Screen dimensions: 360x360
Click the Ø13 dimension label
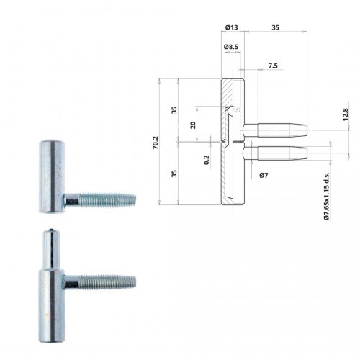[x=231, y=27]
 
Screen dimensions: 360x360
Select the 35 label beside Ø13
[x=275, y=27]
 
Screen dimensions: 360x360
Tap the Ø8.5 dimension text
[x=231, y=47]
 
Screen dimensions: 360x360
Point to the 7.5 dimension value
[x=273, y=66]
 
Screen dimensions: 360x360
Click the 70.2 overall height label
[x=156, y=143]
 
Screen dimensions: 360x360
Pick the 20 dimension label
[x=193, y=125]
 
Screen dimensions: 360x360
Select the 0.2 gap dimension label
[x=207, y=160]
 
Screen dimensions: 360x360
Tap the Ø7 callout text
[x=264, y=175]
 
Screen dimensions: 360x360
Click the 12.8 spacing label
[x=345, y=114]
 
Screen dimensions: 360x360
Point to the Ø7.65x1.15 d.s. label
[x=326, y=196]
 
